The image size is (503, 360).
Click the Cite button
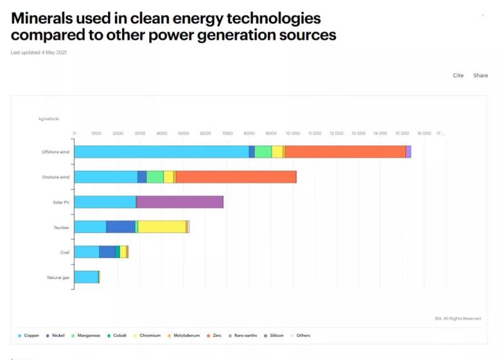click(458, 75)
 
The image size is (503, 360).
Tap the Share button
click(480, 75)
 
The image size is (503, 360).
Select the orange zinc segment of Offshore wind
click(345, 151)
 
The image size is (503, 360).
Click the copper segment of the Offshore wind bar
click(162, 151)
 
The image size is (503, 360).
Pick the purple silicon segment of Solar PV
click(180, 202)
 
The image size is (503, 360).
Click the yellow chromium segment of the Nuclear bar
click(162, 227)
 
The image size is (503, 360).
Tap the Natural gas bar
click(86, 277)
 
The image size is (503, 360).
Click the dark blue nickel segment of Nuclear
click(120, 227)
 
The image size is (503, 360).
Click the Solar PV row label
click(61, 202)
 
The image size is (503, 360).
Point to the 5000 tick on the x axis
click(184, 133)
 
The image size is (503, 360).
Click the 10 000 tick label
click(292, 133)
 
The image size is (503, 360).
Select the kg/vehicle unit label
click(48, 119)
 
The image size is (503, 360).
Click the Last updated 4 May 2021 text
click(39, 52)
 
